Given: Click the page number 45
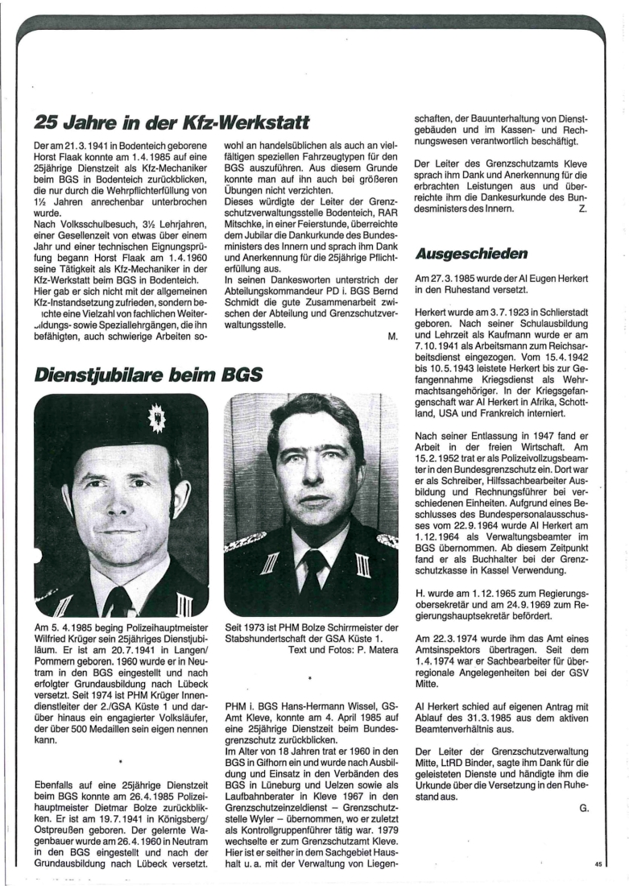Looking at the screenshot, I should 598,864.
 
